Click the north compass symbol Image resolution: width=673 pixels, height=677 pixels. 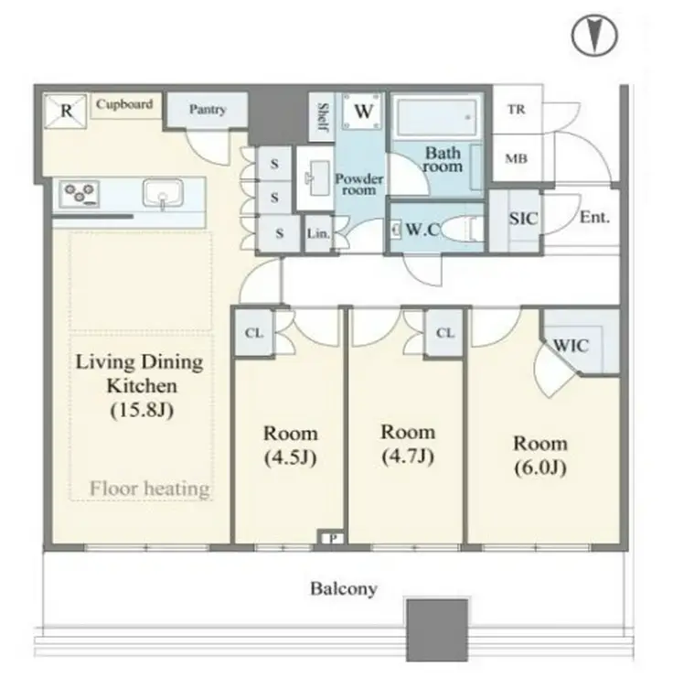594,36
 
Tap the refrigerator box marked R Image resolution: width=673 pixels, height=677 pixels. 66,111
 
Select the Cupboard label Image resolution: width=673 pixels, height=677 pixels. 124,104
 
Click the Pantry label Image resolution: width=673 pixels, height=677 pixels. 208,109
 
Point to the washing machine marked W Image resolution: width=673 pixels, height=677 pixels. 363,111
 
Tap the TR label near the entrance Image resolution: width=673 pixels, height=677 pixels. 517,109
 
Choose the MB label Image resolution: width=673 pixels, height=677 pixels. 517,159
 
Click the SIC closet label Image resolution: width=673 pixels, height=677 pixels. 523,219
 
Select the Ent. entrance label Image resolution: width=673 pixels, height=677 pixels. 594,217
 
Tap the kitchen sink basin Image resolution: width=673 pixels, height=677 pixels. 163,193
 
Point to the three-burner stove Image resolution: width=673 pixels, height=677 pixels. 80,192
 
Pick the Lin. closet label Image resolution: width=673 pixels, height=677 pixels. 318,233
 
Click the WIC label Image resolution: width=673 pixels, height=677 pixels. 571,346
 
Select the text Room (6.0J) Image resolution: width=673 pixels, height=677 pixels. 540,456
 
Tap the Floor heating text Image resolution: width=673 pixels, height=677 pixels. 150,489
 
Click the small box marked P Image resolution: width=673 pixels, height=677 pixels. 333,538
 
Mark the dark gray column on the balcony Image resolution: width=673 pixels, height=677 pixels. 437,630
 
